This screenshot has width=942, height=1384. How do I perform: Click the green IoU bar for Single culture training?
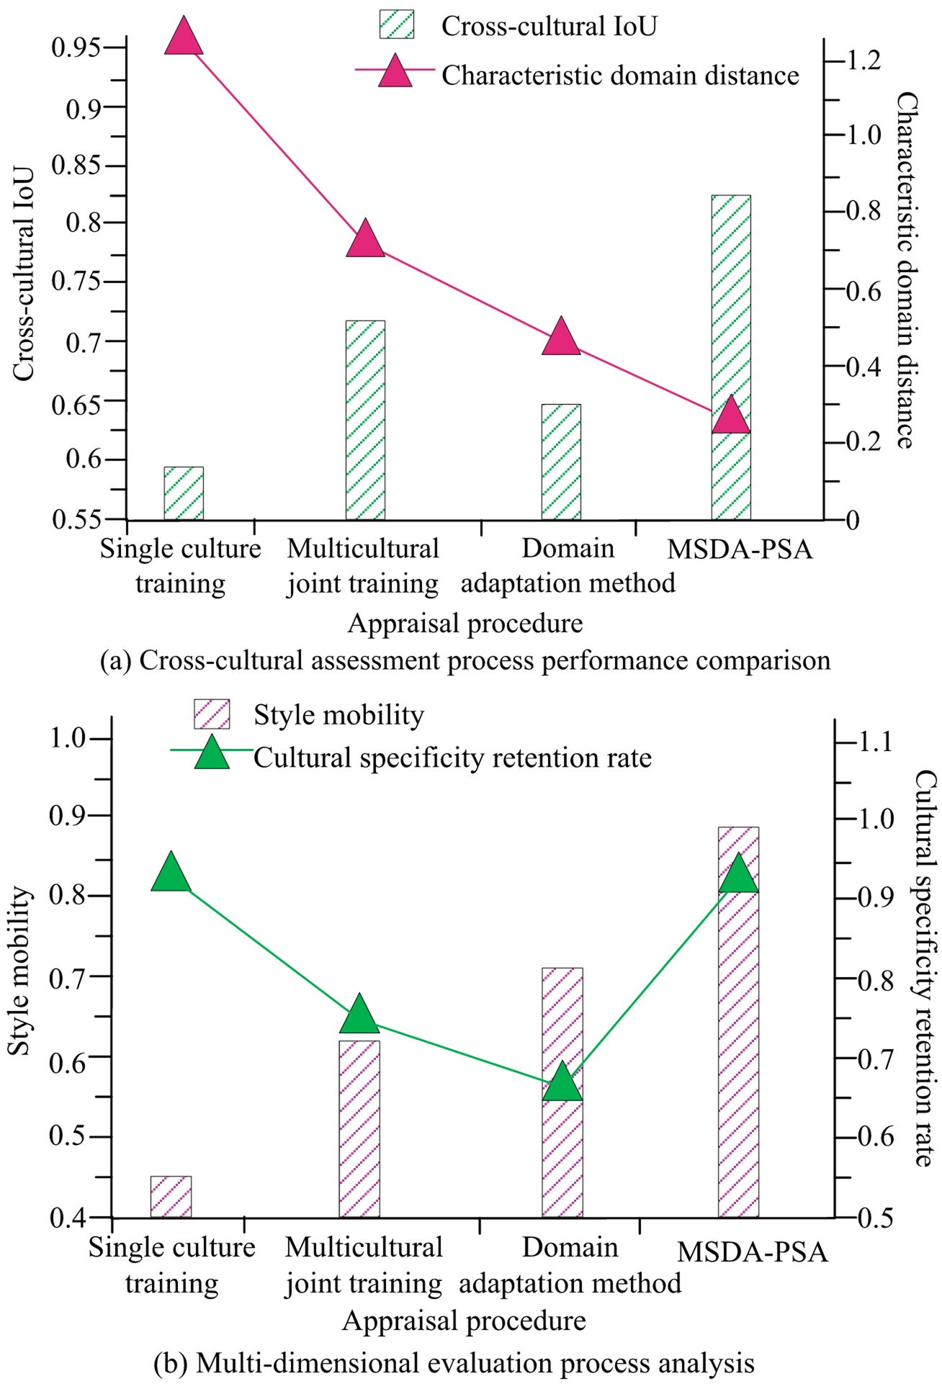[184, 493]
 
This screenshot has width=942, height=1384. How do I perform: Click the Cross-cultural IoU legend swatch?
[397, 24]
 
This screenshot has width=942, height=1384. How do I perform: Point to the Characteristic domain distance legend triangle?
[395, 72]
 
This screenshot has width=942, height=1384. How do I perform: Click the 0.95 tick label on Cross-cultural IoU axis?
[75, 48]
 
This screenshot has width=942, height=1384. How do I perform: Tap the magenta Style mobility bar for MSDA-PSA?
[738, 1023]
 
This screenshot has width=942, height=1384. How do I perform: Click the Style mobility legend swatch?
[212, 714]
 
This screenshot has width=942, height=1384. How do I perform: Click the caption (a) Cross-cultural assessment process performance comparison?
[465, 660]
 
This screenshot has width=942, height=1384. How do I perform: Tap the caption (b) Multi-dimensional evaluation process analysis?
[454, 1363]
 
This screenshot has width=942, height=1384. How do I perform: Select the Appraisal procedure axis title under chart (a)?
[465, 623]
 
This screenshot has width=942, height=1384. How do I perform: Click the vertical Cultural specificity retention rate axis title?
[925, 969]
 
